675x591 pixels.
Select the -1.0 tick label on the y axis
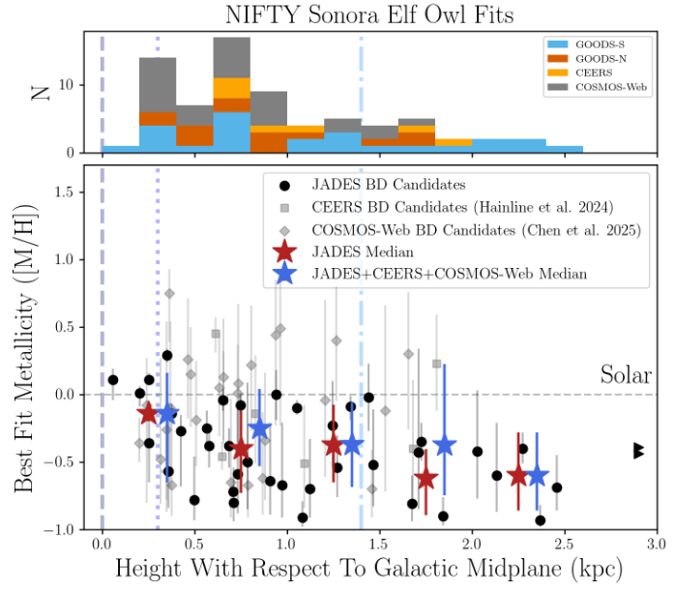(62, 530)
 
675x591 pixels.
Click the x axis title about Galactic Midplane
(367, 569)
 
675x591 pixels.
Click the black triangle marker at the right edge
(639, 451)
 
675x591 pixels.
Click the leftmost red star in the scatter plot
(148, 413)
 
